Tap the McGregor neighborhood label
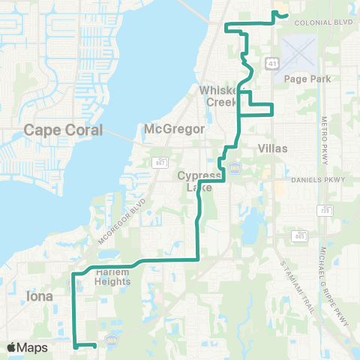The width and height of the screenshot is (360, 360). (x=174, y=129)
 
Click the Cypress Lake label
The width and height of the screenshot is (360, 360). (x=196, y=181)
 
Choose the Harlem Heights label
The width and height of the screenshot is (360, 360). (x=113, y=277)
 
